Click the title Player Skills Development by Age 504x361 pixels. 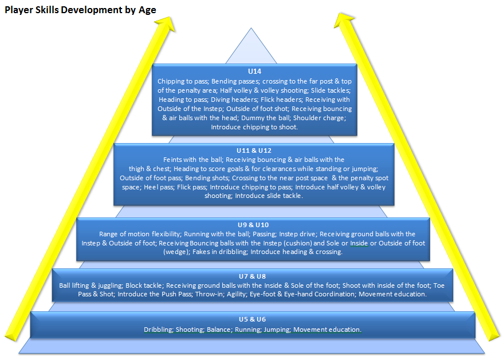click(80, 10)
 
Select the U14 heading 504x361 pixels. click(255, 72)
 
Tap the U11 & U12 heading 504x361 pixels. click(254, 150)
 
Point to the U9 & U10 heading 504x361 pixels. click(253, 225)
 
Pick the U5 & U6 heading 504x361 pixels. click(253, 319)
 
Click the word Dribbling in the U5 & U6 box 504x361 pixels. click(158, 330)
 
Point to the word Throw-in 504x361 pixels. click(210, 294)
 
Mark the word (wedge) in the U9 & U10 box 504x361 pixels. click(175, 252)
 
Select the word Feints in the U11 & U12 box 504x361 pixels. click(174, 160)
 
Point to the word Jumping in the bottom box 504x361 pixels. click(278, 330)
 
